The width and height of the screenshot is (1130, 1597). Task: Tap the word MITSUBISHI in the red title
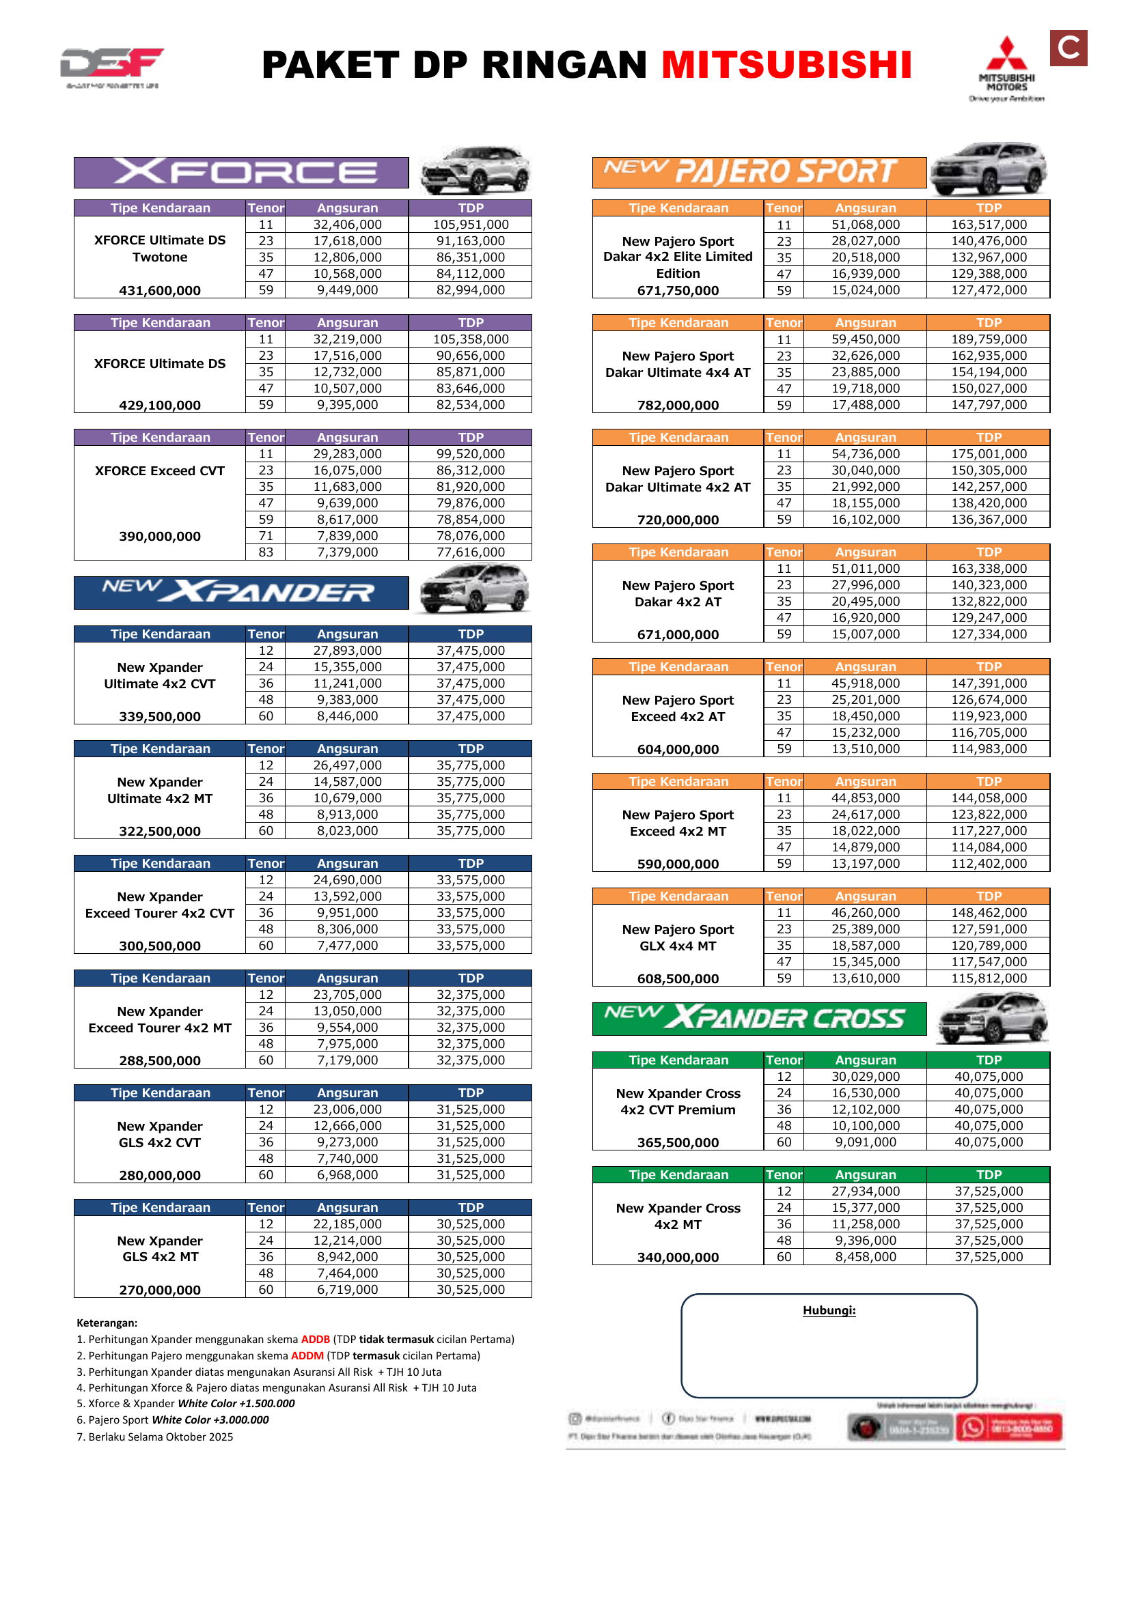point(786,66)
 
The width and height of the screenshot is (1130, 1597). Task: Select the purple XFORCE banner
point(240,173)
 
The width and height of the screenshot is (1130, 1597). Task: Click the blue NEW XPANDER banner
point(240,593)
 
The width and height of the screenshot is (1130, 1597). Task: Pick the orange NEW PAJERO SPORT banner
point(758,173)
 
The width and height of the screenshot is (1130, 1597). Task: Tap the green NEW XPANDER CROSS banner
point(758,1018)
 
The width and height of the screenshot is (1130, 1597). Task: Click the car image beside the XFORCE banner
point(476,171)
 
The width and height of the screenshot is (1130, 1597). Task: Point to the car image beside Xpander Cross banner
point(992,1018)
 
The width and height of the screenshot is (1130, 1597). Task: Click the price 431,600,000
point(159,291)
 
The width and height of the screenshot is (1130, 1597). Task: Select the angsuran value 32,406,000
point(347,225)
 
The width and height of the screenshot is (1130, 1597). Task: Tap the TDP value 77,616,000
point(470,552)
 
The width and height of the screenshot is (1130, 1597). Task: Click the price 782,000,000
point(678,406)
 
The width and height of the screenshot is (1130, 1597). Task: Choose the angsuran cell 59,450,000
point(866,339)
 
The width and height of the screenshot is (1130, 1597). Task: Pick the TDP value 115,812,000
point(989,978)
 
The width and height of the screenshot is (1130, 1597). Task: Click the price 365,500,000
point(678,1142)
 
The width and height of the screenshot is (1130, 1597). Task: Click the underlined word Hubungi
point(829,1310)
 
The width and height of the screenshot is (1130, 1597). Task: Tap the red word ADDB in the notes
point(315,1339)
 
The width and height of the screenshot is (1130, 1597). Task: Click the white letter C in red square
point(1068,48)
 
